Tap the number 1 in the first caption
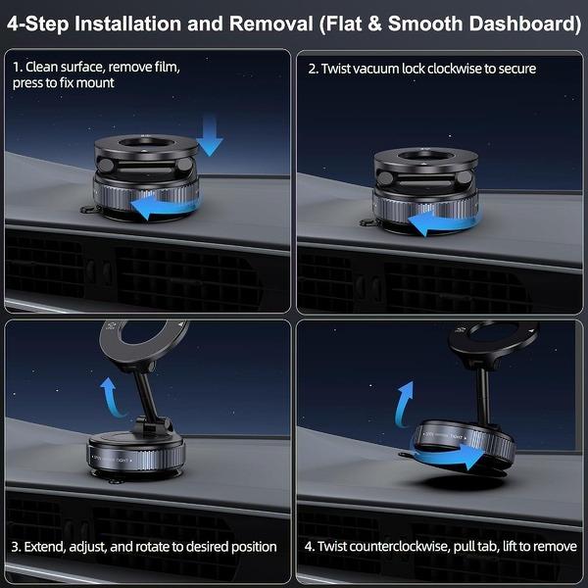coord(17,69)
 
